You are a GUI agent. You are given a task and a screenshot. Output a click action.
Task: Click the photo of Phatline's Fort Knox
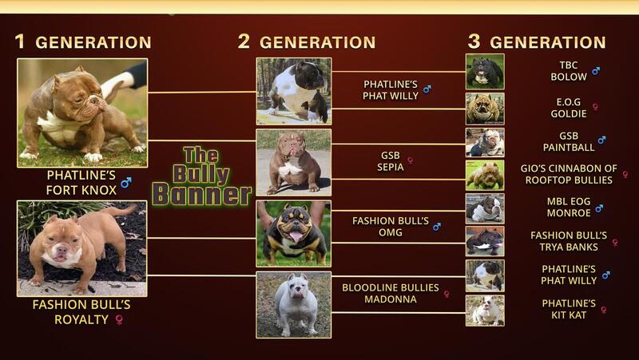coord(82,113)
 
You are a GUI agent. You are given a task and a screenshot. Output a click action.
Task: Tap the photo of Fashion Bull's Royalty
coord(82,248)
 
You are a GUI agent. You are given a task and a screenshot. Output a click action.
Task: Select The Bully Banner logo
coord(201,176)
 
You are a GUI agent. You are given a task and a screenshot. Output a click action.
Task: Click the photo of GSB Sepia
coord(294,163)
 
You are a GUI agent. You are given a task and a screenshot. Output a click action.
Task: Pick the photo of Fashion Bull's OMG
coord(294,233)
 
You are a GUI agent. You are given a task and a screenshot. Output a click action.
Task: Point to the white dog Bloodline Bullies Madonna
coord(294,305)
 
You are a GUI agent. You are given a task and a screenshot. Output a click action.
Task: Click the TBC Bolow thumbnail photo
coord(485,72)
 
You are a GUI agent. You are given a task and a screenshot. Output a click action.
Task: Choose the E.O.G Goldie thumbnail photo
coord(485,109)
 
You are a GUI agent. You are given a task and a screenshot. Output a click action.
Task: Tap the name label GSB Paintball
coord(569,141)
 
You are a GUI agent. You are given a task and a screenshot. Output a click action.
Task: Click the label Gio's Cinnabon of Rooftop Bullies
coord(569,174)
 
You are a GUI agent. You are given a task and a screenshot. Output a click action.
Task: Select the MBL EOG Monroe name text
coord(569,208)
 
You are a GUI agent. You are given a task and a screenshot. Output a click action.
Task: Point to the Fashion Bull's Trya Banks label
coord(569,241)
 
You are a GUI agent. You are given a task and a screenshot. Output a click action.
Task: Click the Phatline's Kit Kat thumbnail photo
coord(485,311)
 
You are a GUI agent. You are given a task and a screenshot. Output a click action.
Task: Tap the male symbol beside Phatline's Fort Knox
coord(126,183)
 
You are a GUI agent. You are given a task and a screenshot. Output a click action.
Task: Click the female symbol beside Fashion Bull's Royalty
coord(119,319)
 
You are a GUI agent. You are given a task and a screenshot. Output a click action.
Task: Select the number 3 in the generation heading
coord(474,42)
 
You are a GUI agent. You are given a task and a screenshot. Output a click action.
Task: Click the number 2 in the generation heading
coord(244,42)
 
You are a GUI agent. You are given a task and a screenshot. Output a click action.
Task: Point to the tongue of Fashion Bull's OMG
coord(296,236)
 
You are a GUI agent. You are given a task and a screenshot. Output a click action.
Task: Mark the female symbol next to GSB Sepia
coord(411,160)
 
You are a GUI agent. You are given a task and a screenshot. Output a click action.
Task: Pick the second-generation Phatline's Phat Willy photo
coord(294,91)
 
